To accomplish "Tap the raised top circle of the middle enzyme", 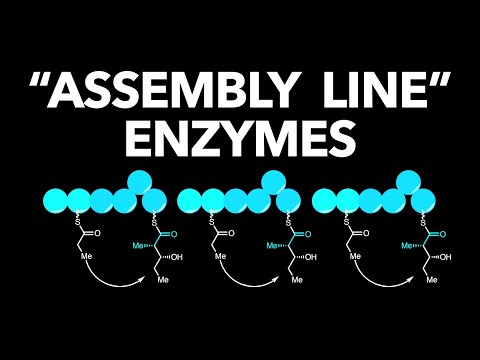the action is point(274,181).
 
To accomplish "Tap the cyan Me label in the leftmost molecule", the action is point(126,244).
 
